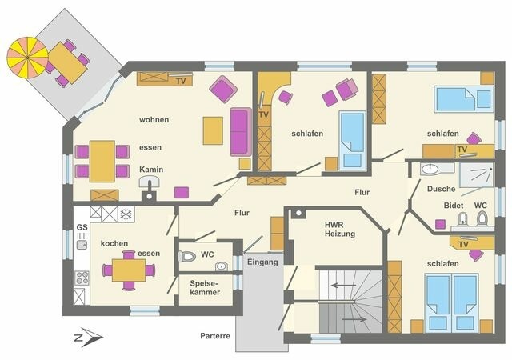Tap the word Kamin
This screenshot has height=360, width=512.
tap(151, 170)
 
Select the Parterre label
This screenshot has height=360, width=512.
tap(215, 336)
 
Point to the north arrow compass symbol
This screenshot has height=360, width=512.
tap(85, 338)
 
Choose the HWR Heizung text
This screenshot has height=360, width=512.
tap(338, 231)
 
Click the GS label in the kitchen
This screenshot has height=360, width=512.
tap(82, 228)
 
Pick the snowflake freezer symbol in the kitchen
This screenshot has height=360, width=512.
tap(126, 214)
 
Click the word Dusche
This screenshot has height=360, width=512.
tap(441, 189)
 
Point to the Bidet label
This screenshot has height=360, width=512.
tap(453, 206)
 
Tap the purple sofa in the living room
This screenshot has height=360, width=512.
tap(239, 130)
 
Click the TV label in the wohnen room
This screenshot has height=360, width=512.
tap(181, 81)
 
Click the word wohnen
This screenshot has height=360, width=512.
tap(154, 120)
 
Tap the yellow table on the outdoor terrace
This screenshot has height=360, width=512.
tap(70, 63)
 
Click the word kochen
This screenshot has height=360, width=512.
tap(114, 242)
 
